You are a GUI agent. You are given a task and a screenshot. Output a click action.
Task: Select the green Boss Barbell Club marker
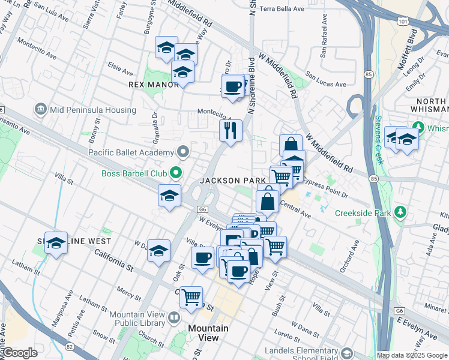(x=176, y=173)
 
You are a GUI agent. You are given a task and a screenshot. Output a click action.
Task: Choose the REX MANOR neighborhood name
(x=154, y=85)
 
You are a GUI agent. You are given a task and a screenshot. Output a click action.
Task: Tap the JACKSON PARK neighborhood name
(x=233, y=181)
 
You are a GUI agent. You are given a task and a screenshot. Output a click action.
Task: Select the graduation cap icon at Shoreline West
(x=56, y=242)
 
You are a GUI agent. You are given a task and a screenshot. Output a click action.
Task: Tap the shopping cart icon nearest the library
(x=191, y=296)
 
